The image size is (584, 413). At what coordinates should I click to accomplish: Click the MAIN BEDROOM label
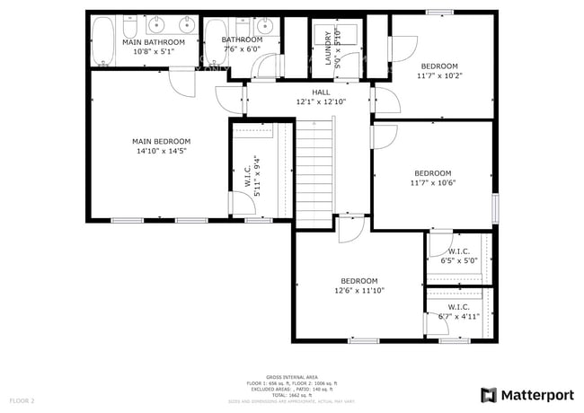[162, 141]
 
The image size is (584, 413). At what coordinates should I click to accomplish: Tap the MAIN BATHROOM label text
[154, 42]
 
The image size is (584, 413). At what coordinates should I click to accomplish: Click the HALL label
[321, 92]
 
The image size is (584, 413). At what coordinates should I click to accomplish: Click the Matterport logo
[527, 394]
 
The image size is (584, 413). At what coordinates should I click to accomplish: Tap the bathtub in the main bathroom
[104, 42]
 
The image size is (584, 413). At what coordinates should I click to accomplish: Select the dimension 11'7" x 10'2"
[439, 76]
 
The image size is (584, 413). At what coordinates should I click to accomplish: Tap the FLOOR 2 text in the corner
[22, 400]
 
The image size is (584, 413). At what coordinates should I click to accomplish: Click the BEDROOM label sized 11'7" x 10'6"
[433, 173]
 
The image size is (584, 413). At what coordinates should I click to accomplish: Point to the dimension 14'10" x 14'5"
[162, 151]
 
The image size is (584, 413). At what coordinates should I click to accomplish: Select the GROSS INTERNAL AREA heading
[292, 376]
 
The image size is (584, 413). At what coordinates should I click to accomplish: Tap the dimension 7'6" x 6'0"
[242, 50]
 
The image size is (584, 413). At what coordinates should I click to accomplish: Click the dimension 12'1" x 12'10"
[321, 101]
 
